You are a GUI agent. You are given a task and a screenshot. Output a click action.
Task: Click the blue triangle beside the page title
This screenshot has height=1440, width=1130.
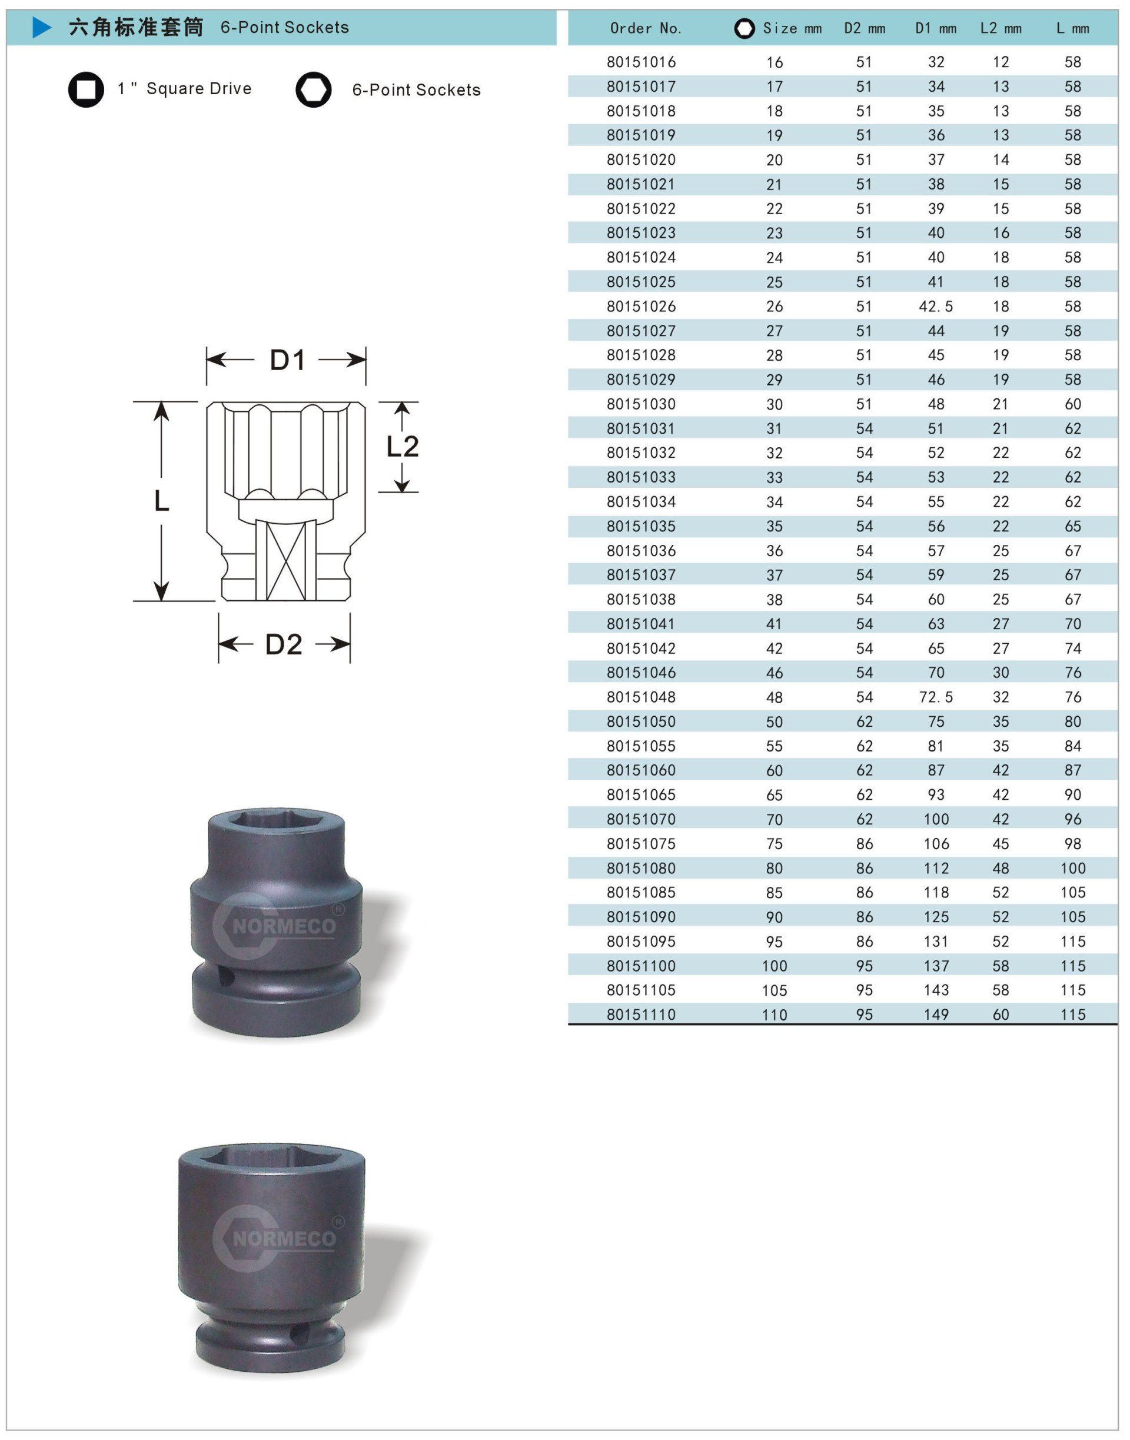point(42,27)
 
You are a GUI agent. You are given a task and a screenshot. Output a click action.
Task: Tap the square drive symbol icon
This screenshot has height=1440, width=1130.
point(86,89)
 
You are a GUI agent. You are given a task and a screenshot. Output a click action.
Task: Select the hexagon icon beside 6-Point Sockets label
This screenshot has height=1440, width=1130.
point(314,89)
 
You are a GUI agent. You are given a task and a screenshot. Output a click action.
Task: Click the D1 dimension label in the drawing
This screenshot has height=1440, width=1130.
point(287,360)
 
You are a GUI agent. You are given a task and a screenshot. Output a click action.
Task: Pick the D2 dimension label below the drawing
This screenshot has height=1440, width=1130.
point(284,644)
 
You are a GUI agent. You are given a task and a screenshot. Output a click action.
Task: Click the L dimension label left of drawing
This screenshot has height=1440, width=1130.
point(161,501)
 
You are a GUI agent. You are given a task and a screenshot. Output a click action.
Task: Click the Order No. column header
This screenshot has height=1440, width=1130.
point(645,28)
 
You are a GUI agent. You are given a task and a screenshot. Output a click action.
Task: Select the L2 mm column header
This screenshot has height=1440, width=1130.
point(1001,28)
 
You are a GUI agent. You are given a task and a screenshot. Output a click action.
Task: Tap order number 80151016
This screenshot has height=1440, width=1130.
point(641,62)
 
